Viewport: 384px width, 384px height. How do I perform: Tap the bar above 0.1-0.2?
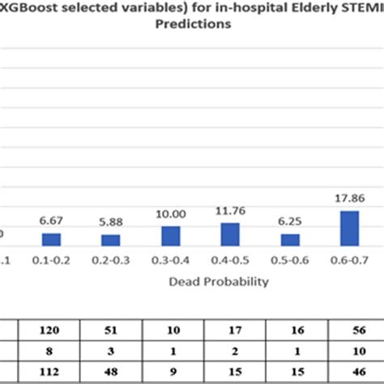[51, 239]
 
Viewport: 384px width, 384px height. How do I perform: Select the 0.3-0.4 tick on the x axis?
[171, 262]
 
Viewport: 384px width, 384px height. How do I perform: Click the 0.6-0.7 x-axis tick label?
[350, 262]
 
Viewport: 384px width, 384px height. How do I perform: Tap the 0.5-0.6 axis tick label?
[290, 262]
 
